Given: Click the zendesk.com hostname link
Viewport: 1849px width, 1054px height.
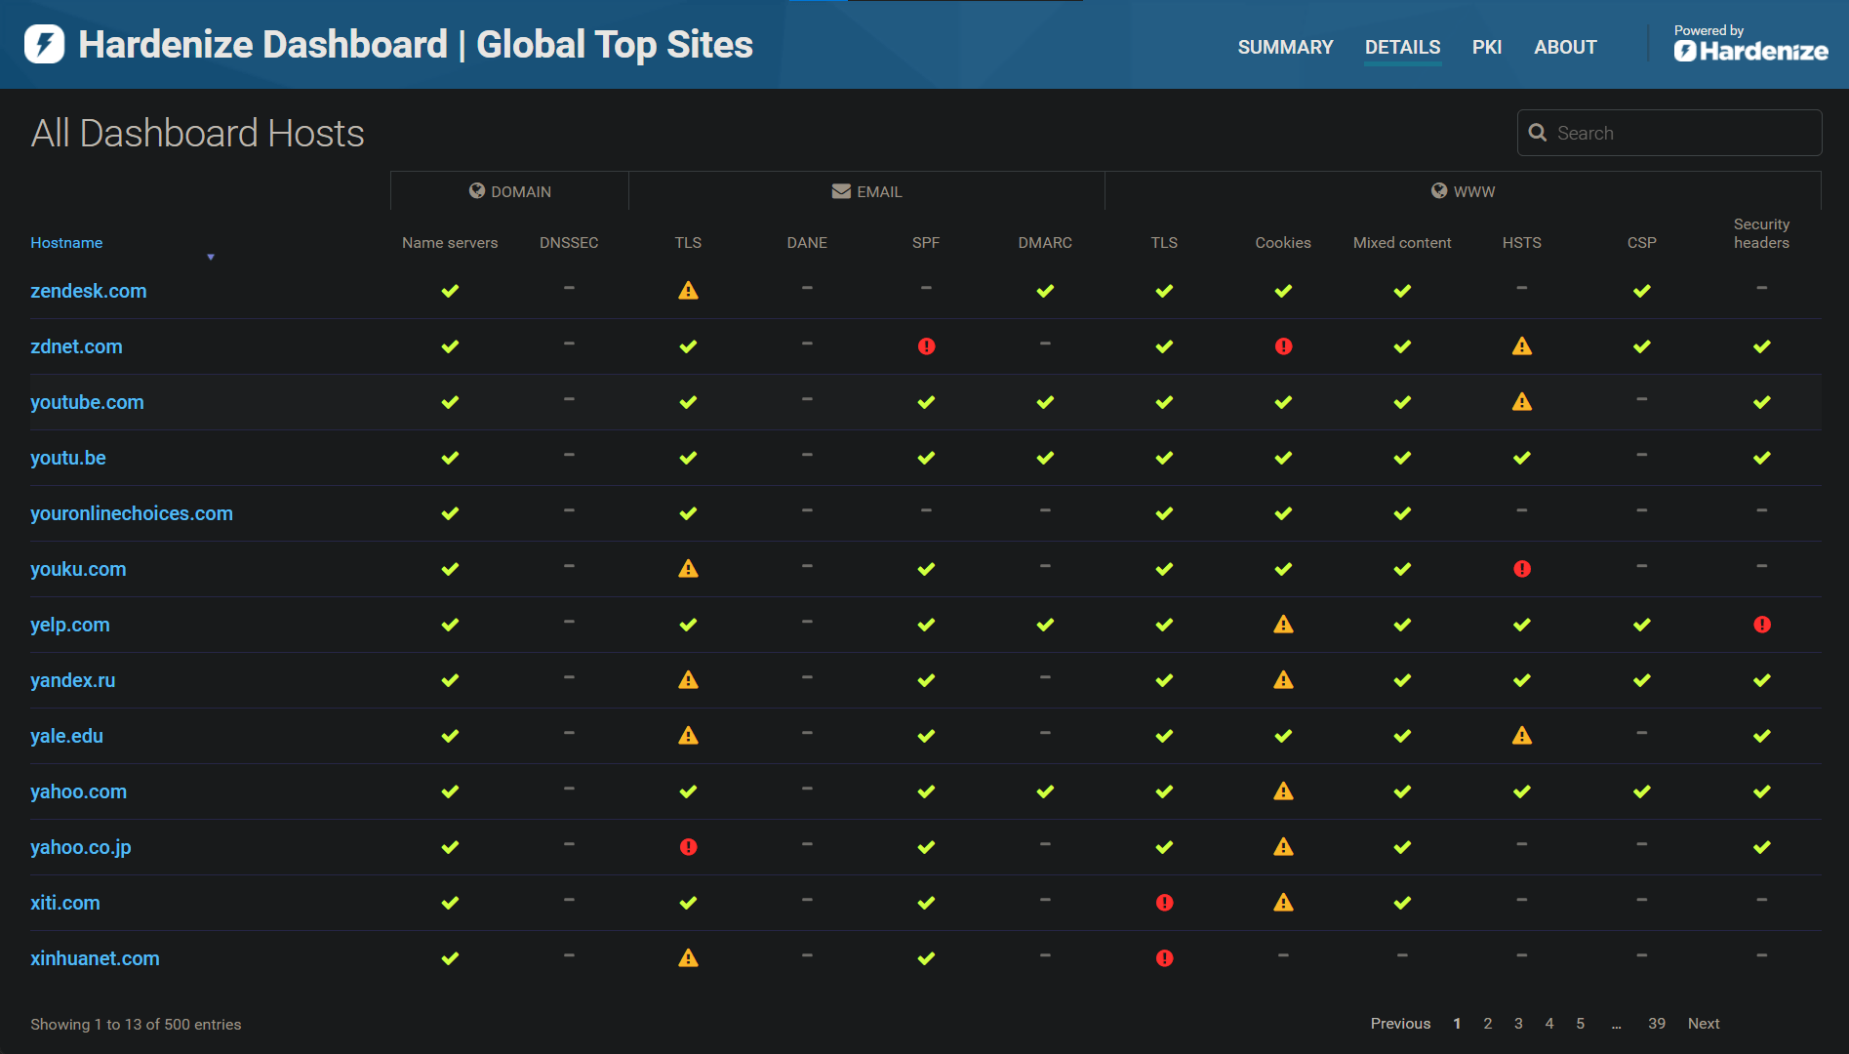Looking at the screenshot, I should click(x=88, y=291).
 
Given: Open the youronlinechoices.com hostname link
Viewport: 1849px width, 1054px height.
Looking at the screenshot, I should click(x=131, y=513).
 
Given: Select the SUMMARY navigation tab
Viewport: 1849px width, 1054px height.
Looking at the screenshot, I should click(x=1285, y=47).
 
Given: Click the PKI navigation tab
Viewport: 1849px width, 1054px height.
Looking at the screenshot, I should click(x=1486, y=47).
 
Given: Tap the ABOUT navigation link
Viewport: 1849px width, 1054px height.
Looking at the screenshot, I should click(x=1565, y=47).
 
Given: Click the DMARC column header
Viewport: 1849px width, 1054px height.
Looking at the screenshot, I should click(x=1044, y=243).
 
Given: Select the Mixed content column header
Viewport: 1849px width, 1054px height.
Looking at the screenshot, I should click(x=1401, y=243).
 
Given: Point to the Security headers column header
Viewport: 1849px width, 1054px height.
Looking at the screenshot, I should click(x=1761, y=233).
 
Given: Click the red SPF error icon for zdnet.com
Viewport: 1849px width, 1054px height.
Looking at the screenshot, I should click(x=926, y=346).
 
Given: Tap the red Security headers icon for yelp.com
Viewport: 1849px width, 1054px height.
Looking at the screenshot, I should click(x=1761, y=625).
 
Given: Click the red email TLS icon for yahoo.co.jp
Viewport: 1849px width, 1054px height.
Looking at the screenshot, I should click(x=688, y=847).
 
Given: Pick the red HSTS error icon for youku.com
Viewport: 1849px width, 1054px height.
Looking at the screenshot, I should click(x=1521, y=569).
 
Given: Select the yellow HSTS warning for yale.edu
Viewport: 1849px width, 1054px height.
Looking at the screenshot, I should click(x=1521, y=736).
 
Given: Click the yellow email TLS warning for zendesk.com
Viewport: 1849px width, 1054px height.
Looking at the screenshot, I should click(x=688, y=291).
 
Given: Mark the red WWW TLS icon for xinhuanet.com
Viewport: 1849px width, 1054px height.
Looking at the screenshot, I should click(x=1164, y=958).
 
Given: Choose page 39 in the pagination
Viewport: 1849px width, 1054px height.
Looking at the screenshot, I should click(x=1656, y=1023).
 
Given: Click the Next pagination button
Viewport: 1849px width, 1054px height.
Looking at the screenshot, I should click(x=1703, y=1023).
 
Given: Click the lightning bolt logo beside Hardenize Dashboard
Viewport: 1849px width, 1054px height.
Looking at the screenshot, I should click(x=44, y=44).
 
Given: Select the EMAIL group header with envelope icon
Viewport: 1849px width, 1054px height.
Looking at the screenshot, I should click(x=866, y=191).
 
